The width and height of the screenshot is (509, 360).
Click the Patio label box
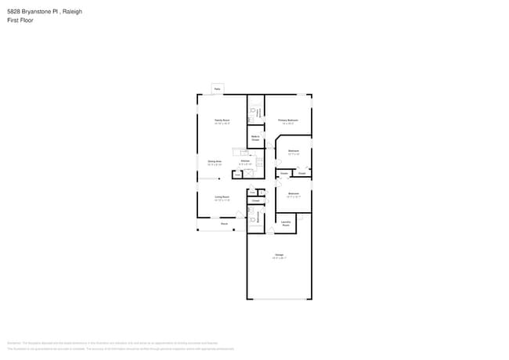tap(218, 89)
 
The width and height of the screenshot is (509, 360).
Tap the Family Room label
tap(222, 121)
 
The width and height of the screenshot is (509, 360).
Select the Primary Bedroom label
tap(288, 121)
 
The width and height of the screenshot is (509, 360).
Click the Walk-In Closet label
tap(255, 138)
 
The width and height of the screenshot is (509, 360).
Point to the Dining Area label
tap(215, 162)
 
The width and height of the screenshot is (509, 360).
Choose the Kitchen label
tap(245, 162)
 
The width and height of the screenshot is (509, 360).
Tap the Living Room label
tap(222, 197)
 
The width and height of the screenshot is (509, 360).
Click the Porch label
tap(224, 224)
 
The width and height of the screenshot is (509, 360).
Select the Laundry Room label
tap(286, 224)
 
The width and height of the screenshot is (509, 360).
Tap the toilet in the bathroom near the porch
tap(252, 220)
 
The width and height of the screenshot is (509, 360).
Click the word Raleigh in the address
tap(73, 12)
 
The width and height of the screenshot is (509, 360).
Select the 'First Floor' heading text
tap(21, 20)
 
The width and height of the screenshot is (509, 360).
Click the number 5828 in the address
tap(14, 12)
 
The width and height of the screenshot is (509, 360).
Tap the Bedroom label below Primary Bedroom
tap(294, 151)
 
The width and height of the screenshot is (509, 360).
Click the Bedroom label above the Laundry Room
tap(294, 193)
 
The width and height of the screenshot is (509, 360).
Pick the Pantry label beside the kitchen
tap(237, 175)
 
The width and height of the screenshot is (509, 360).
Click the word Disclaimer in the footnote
tap(13, 343)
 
